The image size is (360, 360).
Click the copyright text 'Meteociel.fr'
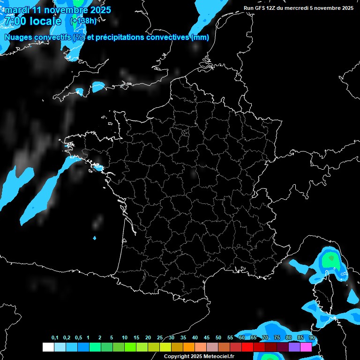(215, 356)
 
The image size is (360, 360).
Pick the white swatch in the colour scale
(48, 347)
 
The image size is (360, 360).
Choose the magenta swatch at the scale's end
(306, 347)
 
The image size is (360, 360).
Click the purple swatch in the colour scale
(294, 347)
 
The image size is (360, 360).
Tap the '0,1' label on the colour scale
(55, 338)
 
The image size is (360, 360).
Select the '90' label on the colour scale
(312, 338)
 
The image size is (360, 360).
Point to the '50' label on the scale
(218, 338)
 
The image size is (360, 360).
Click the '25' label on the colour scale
(160, 338)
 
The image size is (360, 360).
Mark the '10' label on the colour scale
(125, 338)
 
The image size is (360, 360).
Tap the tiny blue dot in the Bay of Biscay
(94, 238)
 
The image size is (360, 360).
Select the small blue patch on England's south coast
(98, 87)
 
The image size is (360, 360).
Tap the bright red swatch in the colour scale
(247, 347)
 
